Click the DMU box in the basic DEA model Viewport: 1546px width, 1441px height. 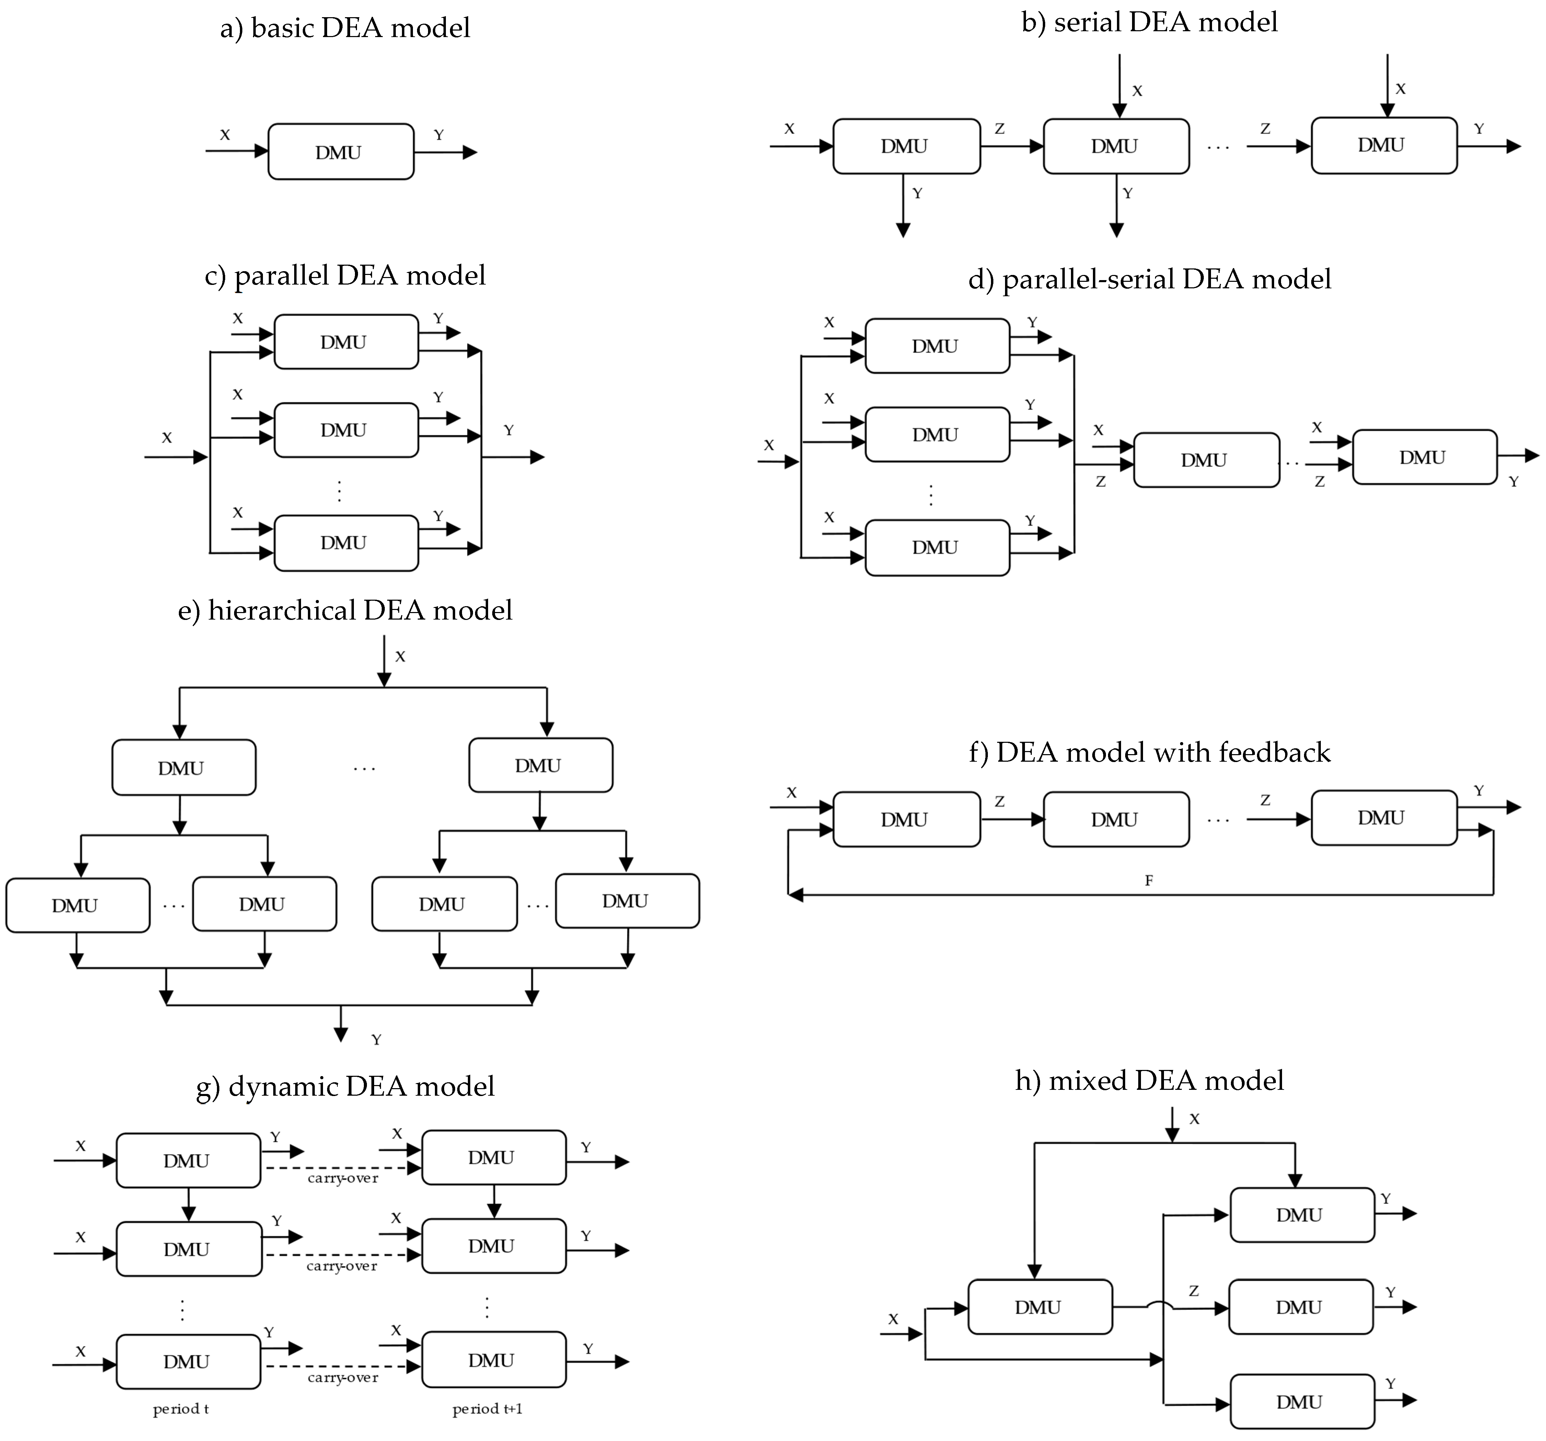(341, 152)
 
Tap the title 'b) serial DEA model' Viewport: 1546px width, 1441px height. (1150, 22)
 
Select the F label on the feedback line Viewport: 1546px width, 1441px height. (1149, 880)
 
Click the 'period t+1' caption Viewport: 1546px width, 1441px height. (488, 1409)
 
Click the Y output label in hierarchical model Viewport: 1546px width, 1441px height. (377, 1040)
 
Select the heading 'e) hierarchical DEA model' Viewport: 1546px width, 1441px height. (345, 610)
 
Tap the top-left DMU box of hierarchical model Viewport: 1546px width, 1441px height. (184, 768)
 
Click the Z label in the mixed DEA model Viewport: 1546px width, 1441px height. (1194, 1291)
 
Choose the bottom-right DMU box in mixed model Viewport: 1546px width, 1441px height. (1302, 1401)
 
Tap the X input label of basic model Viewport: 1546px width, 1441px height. (225, 135)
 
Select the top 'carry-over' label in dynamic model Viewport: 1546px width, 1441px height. (343, 1178)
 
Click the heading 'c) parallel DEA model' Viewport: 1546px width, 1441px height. (345, 275)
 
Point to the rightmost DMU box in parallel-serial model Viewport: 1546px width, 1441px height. (1425, 457)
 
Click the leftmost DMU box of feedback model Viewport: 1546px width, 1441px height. (906, 820)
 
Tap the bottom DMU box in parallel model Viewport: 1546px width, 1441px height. (346, 543)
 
